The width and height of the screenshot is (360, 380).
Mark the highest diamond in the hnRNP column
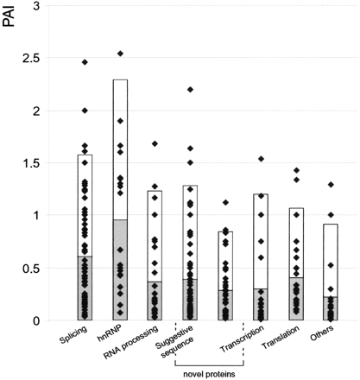tap(120, 54)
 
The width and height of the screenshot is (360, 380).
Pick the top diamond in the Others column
tap(330, 185)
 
